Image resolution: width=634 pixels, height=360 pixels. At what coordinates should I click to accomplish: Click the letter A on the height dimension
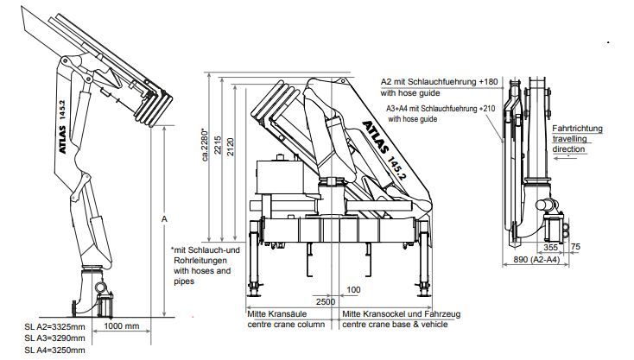(x=163, y=219)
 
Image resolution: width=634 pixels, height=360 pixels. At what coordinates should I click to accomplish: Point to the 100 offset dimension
(x=354, y=289)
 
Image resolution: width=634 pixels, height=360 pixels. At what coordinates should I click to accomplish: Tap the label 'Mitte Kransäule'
(x=277, y=313)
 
